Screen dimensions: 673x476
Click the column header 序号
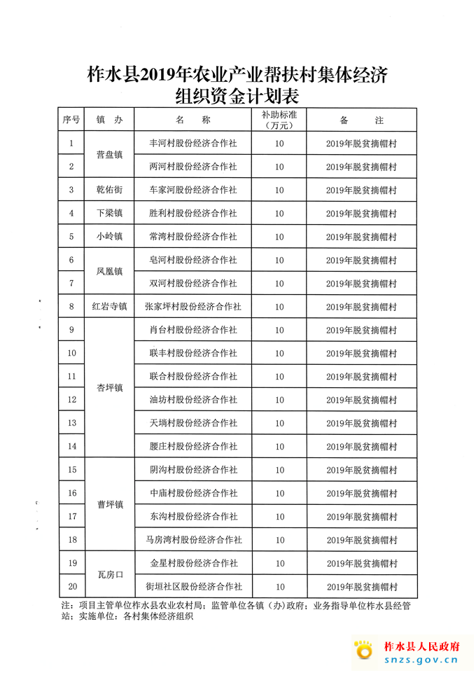click(x=71, y=120)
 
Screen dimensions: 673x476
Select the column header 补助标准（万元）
click(x=279, y=120)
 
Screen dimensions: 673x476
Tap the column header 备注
click(x=361, y=120)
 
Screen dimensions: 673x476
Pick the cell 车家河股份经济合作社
click(x=193, y=190)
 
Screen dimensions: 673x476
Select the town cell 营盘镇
click(x=110, y=155)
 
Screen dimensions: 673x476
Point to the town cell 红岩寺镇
click(x=110, y=306)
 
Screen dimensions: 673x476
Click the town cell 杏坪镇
click(x=110, y=388)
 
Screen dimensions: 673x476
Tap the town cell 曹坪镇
click(x=110, y=504)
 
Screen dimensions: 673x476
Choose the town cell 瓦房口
click(x=110, y=574)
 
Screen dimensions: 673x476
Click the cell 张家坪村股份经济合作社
click(x=193, y=306)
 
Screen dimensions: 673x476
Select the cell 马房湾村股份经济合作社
click(x=193, y=539)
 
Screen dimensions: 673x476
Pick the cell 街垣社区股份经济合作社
click(x=193, y=586)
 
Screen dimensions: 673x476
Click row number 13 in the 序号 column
click(x=71, y=423)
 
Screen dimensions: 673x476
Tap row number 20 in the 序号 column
click(x=71, y=586)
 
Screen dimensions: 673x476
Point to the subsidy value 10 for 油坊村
click(x=279, y=400)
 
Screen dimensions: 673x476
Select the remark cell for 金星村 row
click(x=361, y=563)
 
